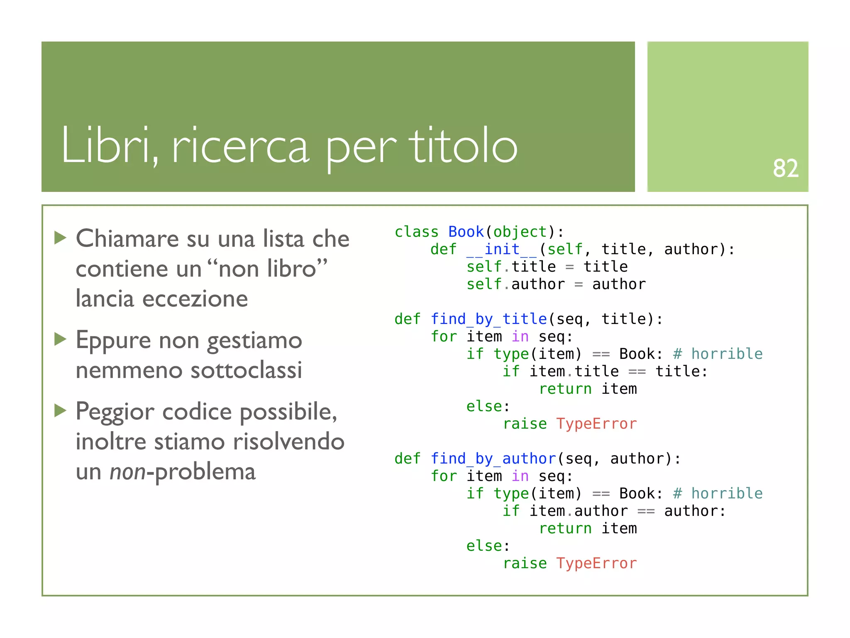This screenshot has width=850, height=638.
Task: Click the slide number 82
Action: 785,168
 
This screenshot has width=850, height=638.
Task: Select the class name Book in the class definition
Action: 466,232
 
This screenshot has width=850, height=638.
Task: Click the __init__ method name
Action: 502,249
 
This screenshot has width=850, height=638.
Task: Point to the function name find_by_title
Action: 489,319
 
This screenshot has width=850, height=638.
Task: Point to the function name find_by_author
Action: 493,459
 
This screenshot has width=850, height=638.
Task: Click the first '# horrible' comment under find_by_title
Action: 718,354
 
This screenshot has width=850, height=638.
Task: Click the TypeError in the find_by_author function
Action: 596,563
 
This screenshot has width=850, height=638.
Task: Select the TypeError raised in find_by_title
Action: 596,424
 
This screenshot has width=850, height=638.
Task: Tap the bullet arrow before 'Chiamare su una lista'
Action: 61,238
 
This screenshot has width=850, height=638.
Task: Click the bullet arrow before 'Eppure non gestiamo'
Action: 61,339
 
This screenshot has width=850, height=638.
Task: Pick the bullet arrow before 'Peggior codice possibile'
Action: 61,411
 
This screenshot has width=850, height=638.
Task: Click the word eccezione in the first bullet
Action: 195,299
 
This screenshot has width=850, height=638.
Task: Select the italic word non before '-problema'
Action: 127,471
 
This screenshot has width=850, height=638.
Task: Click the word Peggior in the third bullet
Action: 112,412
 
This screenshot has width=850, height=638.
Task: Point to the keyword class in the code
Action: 416,232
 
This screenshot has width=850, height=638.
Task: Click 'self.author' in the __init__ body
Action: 515,284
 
